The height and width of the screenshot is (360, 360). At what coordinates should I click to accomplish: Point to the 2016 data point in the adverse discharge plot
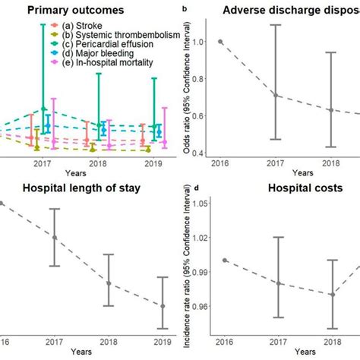tap(220, 42)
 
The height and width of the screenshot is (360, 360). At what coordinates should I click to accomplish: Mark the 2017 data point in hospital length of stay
tap(55, 237)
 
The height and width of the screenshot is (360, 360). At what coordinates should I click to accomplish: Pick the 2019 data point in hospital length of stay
tap(162, 306)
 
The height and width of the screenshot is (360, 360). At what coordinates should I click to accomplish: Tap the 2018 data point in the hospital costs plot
tap(332, 294)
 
